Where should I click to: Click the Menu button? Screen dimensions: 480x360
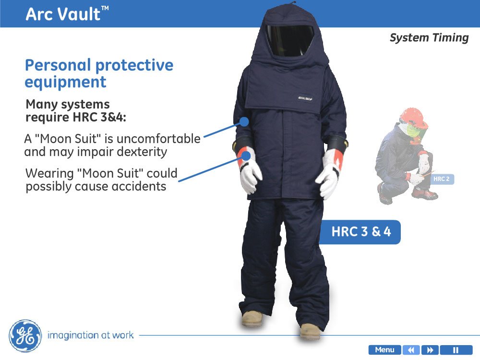click(385, 349)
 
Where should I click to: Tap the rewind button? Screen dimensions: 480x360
click(411, 349)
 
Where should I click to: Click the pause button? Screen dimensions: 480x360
click(456, 349)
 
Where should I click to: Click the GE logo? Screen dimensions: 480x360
click(25, 336)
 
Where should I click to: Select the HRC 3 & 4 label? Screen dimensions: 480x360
click(360, 232)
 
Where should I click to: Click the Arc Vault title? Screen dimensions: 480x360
click(67, 14)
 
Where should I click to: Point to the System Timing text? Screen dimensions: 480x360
click(429, 37)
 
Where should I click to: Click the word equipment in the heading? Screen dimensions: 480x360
click(65, 83)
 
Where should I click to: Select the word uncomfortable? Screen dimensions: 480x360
click(158, 139)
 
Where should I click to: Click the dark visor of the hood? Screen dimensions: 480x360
click(289, 40)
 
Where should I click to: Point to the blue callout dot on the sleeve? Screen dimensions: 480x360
click(244, 121)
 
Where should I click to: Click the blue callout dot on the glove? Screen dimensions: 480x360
click(245, 156)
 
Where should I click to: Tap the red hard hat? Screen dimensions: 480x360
click(413, 118)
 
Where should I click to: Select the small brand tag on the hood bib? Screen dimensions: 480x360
click(305, 98)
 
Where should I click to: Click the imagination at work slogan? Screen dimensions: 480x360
click(90, 335)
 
